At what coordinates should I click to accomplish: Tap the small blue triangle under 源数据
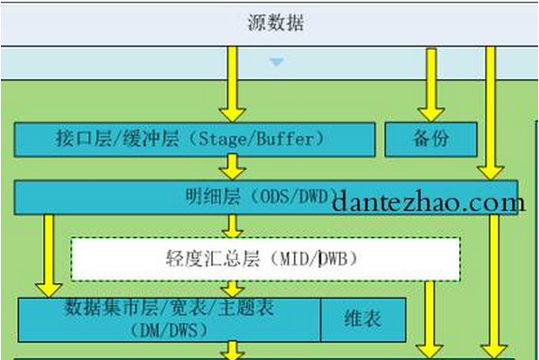275,62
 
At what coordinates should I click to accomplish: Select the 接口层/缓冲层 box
194,138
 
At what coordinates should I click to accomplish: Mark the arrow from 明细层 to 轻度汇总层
231,224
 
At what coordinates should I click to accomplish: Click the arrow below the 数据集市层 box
231,351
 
